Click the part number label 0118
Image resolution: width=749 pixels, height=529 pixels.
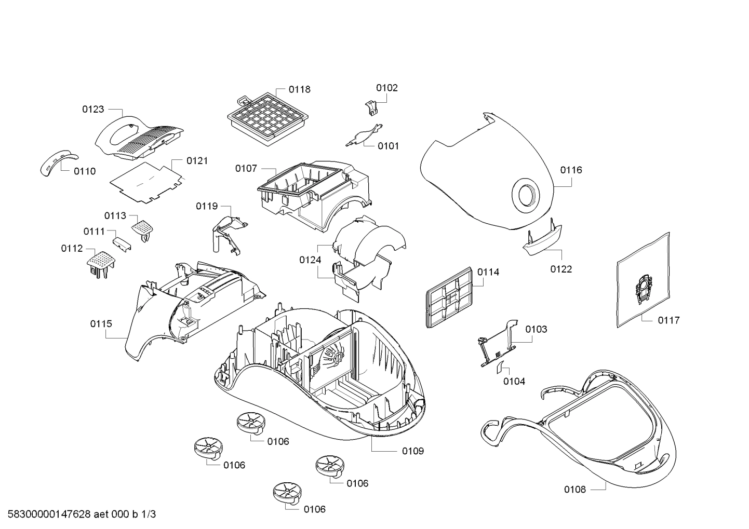299,89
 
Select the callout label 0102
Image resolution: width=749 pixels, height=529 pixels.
386,88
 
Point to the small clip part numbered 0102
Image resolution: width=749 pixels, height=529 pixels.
370,106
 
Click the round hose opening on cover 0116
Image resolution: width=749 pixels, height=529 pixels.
526,197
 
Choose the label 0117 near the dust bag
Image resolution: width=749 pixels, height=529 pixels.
668,320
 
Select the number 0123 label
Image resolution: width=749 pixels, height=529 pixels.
93,109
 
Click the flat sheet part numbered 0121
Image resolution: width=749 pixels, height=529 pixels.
148,180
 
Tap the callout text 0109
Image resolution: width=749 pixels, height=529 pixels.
413,451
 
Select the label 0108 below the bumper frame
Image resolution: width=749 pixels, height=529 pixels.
575,489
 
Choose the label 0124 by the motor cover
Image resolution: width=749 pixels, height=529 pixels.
310,260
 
